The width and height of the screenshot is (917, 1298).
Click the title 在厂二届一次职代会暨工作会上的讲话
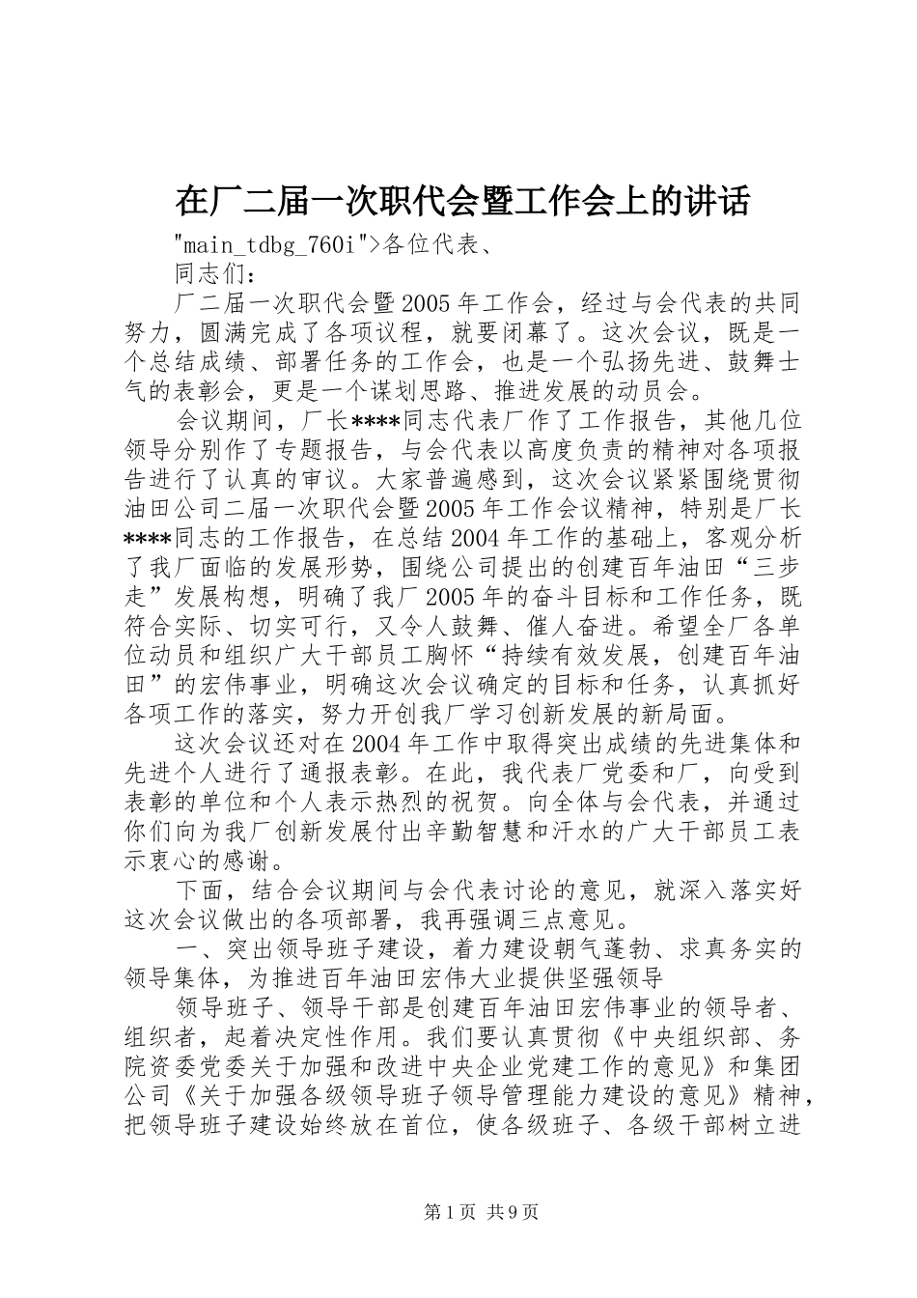point(461,201)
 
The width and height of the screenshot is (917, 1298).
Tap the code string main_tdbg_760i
point(269,245)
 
